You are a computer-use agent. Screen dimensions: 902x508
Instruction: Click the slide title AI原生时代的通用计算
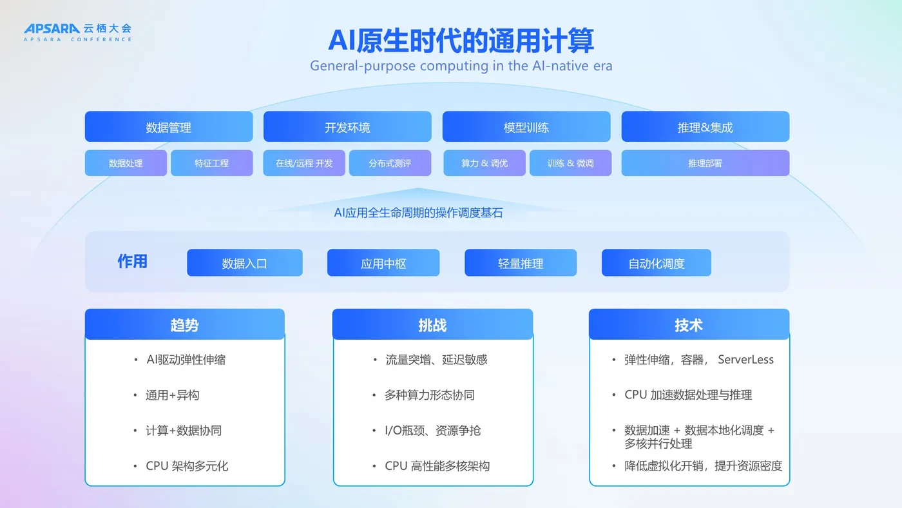tap(461, 39)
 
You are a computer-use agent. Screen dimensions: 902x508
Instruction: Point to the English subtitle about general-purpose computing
tap(461, 66)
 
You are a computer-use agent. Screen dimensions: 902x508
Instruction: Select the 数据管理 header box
tap(169, 127)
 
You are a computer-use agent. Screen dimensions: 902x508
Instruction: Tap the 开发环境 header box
tap(347, 127)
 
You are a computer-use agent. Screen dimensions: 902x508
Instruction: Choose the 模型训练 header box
tap(526, 127)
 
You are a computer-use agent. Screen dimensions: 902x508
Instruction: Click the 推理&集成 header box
tap(705, 127)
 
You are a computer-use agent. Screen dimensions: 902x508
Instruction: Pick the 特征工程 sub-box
tap(212, 163)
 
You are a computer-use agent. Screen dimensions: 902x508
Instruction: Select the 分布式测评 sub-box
tap(390, 163)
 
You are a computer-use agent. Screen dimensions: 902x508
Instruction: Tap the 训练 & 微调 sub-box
tap(570, 163)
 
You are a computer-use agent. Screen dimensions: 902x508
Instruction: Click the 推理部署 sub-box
tap(705, 163)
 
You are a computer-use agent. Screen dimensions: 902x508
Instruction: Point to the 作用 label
tap(132, 261)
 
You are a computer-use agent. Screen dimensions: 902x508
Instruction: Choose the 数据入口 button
tap(245, 263)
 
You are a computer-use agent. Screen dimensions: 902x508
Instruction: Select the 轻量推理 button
tap(521, 263)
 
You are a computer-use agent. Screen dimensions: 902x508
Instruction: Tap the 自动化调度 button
tap(657, 263)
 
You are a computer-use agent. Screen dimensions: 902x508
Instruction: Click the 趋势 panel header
tap(185, 325)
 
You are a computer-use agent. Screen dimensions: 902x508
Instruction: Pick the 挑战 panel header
tap(432, 325)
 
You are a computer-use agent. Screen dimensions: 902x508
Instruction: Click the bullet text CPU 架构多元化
tap(187, 465)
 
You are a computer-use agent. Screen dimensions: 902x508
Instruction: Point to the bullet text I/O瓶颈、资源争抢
tap(433, 430)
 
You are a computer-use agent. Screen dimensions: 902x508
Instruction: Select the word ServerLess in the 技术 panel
tap(745, 360)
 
